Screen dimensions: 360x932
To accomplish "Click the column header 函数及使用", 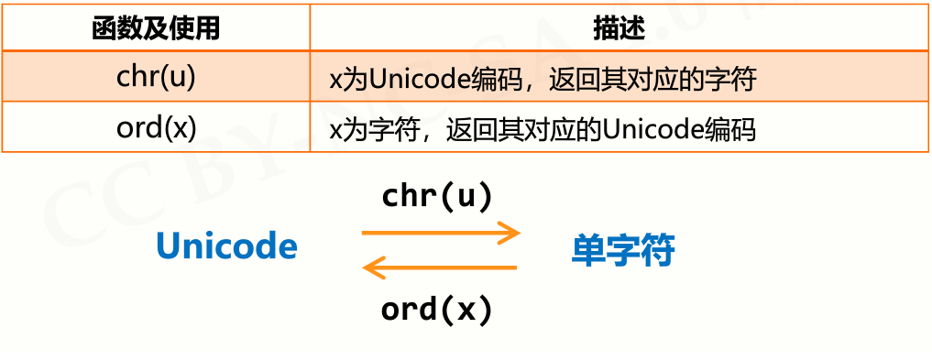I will [156, 28].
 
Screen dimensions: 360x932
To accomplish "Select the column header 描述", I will [620, 28].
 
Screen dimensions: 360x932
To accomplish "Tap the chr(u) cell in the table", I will [156, 77].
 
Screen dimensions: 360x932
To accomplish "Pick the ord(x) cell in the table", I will [156, 127].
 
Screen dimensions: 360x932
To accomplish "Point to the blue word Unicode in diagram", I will [226, 247].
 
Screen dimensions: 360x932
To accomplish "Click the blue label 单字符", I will [623, 249].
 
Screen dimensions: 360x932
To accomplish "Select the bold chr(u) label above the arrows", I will [437, 196].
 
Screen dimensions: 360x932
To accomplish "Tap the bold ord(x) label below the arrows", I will [437, 310].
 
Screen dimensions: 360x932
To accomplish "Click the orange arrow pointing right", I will [440, 233].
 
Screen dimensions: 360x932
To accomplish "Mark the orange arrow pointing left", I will [440, 268].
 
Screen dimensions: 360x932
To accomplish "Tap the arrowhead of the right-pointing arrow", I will [510, 233].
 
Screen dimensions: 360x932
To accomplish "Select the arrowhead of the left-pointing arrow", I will [372, 268].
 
